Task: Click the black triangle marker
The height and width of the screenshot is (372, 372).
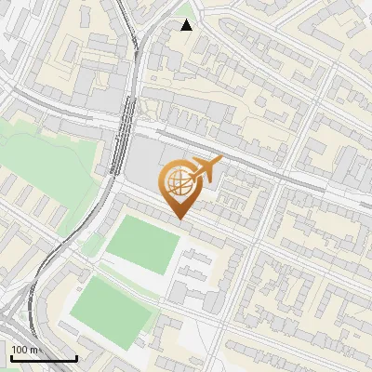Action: coord(187,25)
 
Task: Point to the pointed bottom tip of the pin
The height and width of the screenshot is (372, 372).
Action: coord(179,219)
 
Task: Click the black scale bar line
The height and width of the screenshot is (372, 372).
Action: coord(43,358)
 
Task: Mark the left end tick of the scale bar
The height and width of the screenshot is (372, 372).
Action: coord(10,356)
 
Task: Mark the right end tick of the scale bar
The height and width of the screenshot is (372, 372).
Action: coord(76,356)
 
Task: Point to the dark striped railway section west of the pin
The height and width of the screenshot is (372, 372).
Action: coord(118,149)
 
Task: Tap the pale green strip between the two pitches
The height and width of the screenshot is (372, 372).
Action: coord(130,277)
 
